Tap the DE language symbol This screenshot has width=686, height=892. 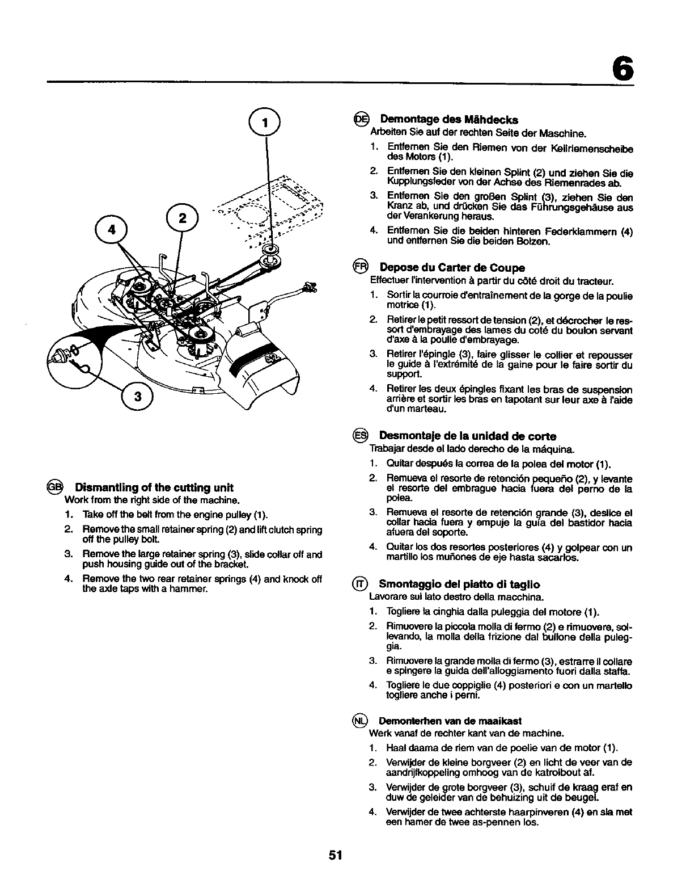[361, 119]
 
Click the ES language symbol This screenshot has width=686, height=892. [361, 436]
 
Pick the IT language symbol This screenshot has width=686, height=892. [361, 584]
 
